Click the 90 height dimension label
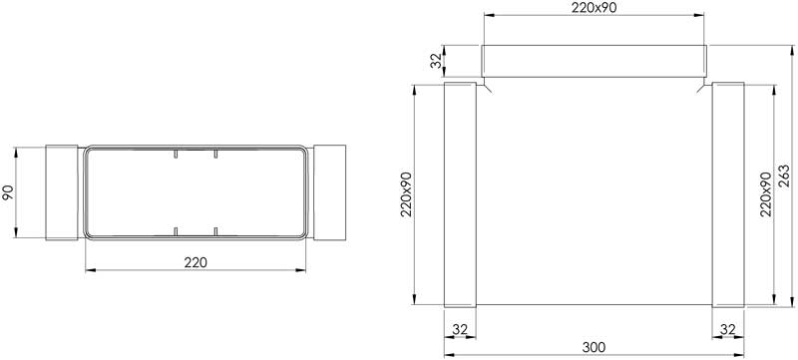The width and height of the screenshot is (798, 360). coord(8,192)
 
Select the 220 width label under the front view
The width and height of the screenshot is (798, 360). coord(196,262)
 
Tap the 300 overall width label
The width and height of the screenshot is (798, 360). coord(594,347)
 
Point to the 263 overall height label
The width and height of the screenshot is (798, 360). coord(785,177)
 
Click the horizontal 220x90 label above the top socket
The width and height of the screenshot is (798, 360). coord(594,8)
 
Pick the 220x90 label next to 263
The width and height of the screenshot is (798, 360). coord(766,194)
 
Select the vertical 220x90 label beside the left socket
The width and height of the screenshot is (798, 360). coord(407,194)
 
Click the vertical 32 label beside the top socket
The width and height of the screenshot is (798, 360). coord(436,61)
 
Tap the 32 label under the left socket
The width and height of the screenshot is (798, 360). coord(460,329)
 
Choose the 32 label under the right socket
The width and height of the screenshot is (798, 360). coord(728,329)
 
